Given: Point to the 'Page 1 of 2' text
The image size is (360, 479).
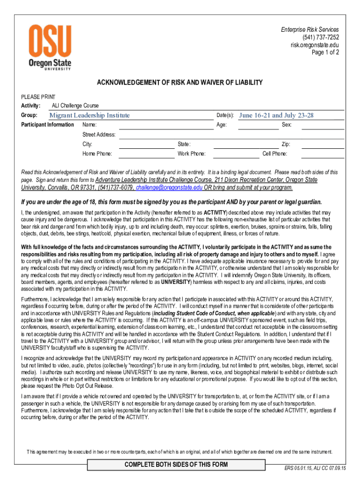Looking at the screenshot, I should [x=325, y=52].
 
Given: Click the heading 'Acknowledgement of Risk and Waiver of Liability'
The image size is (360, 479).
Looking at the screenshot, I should [x=180, y=83].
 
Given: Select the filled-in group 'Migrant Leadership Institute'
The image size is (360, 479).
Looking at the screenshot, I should [x=90, y=116].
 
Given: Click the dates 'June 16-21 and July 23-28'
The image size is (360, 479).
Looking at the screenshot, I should [x=276, y=116].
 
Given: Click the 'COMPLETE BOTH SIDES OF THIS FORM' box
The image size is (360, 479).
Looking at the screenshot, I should [x=176, y=464].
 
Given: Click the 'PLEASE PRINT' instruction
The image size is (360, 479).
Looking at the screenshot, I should [x=38, y=97].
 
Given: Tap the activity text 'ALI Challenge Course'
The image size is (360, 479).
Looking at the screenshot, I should [x=75, y=106].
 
